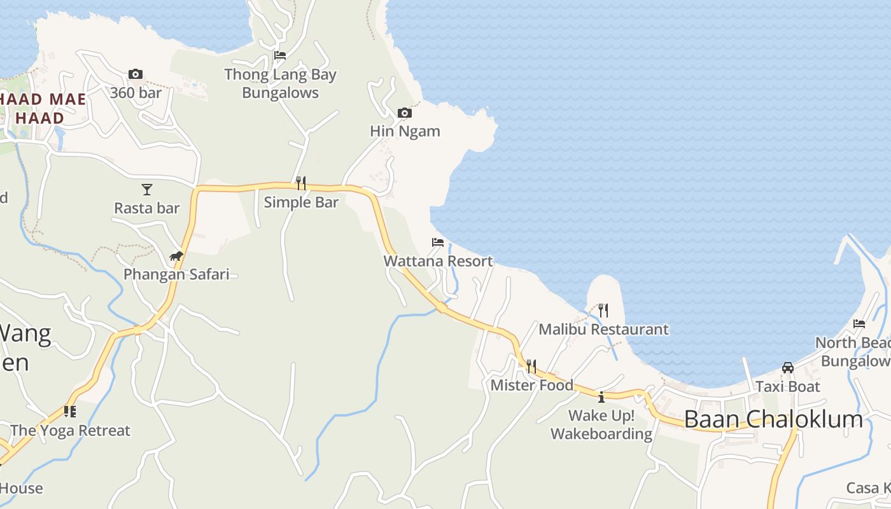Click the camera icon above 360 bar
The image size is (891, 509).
coord(135,74)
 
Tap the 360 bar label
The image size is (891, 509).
coord(136,93)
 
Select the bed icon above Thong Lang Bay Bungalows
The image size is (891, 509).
coord(279,55)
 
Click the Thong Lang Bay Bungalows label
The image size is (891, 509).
coord(280,83)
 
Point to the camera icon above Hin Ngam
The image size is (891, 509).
coord(404,113)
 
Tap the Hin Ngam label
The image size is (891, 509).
coord(405,131)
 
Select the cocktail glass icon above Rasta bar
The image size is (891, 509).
coord(147,189)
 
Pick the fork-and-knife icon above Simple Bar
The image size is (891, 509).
coord(301,183)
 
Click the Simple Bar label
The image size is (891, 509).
coord(301,202)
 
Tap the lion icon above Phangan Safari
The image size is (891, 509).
coord(176,256)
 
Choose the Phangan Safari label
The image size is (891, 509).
coord(176,274)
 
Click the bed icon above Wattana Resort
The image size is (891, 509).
coord(438,242)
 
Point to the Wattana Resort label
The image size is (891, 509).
coord(438,261)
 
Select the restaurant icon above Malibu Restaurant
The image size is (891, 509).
coord(603,310)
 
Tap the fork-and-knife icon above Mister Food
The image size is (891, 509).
coord(531,366)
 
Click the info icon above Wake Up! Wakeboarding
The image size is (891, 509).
coord(601,398)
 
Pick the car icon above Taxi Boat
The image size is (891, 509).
coord(788,368)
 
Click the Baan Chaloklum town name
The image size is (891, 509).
coord(773,419)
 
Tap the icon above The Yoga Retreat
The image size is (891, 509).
coord(70,412)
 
